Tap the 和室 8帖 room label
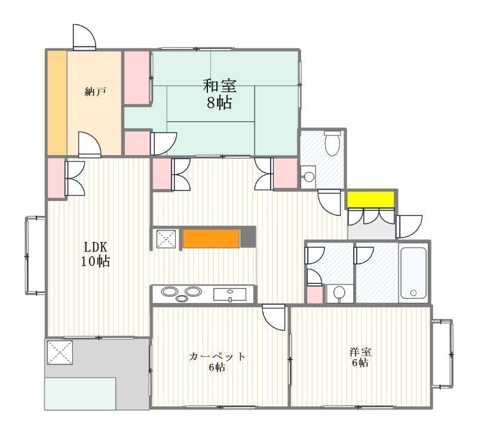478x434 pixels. click(x=219, y=93)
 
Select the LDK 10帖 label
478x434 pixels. click(x=96, y=254)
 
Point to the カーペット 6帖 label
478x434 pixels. click(x=217, y=361)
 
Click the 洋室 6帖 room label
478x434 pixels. click(x=359, y=357)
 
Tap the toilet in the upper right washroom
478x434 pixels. click(x=332, y=144)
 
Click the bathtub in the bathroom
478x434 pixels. click(x=413, y=272)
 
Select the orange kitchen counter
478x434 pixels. click(x=211, y=238)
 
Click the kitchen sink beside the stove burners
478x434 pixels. click(x=229, y=294)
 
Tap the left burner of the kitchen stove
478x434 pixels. click(x=169, y=293)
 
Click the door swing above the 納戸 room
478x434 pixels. click(x=84, y=37)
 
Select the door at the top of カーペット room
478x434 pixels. click(x=274, y=317)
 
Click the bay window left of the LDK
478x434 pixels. click(x=35, y=255)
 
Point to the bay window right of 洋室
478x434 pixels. click(x=443, y=354)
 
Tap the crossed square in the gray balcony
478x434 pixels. click(x=59, y=352)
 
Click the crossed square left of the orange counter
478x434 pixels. click(x=165, y=238)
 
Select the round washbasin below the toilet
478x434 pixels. click(x=308, y=177)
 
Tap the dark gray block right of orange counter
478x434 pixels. click(x=248, y=237)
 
